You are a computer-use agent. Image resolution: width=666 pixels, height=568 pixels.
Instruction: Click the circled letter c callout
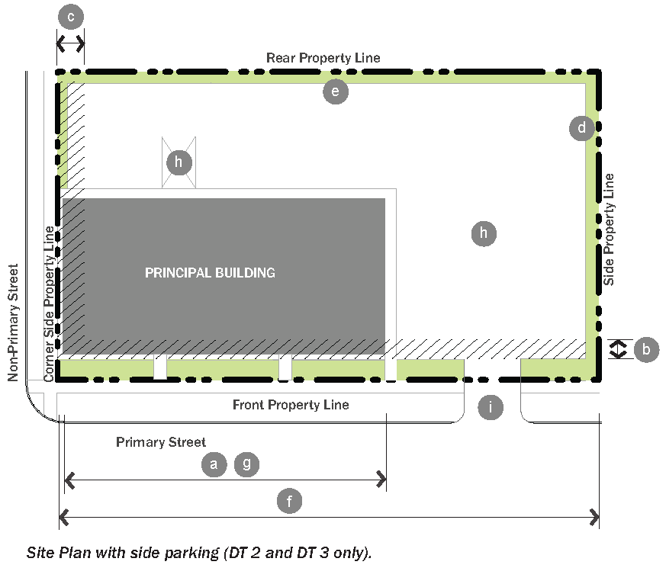71,17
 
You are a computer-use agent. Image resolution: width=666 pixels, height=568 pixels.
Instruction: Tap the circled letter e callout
336,91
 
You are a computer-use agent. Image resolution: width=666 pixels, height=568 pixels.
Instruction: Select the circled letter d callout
582,127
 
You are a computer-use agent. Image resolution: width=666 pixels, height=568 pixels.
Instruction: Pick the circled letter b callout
646,349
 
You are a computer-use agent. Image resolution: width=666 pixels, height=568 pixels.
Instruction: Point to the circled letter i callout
491,408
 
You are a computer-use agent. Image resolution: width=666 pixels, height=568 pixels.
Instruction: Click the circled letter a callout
214,464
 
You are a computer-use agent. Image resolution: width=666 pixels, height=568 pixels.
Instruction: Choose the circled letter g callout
246,464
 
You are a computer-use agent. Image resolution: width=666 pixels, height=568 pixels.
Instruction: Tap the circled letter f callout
289,501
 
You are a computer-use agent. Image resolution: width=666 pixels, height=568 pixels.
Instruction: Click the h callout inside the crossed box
179,162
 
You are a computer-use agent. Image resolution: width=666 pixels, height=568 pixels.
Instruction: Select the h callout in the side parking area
484,233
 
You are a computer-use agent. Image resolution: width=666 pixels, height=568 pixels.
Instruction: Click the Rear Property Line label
323,58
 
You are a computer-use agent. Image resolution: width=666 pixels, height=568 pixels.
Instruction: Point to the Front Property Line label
291,405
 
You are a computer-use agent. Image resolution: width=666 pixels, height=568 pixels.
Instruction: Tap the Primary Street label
161,442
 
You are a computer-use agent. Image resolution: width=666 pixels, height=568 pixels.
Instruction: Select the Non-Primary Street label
13,323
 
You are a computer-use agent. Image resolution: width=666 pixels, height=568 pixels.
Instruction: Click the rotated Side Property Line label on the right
609,229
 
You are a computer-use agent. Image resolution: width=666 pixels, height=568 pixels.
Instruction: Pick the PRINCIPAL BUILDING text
211,272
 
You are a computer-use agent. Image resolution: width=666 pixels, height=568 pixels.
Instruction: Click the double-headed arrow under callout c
70,43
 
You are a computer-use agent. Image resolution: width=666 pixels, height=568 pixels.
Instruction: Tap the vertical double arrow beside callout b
618,349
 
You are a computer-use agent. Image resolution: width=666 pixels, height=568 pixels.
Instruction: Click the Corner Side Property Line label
50,304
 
